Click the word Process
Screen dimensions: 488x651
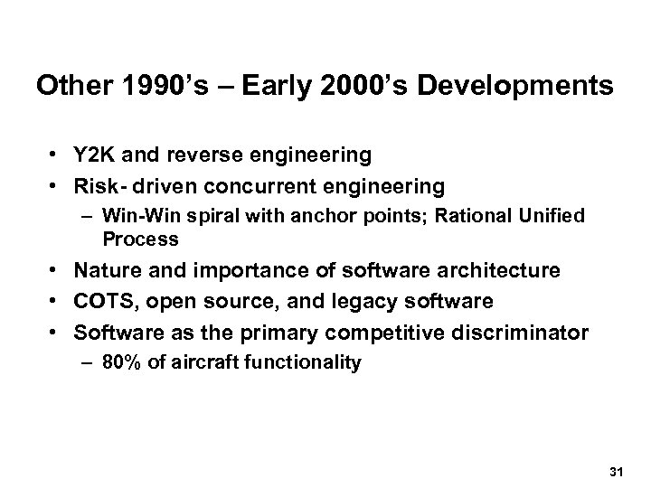(140, 239)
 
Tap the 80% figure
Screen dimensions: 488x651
(122, 362)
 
